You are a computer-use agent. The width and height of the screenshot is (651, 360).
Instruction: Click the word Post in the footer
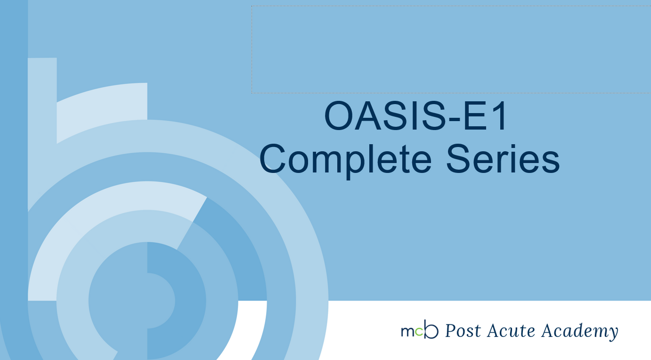pyautogui.click(x=463, y=331)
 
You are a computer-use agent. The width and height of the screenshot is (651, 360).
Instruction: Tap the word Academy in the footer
pyautogui.click(x=579, y=331)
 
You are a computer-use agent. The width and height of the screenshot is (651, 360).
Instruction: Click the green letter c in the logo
pyautogui.click(x=418, y=332)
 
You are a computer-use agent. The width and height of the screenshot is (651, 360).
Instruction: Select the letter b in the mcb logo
pyautogui.click(x=431, y=330)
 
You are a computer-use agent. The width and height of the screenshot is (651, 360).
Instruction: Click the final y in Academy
pyautogui.click(x=613, y=333)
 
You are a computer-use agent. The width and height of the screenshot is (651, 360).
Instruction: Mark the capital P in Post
pyautogui.click(x=451, y=330)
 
